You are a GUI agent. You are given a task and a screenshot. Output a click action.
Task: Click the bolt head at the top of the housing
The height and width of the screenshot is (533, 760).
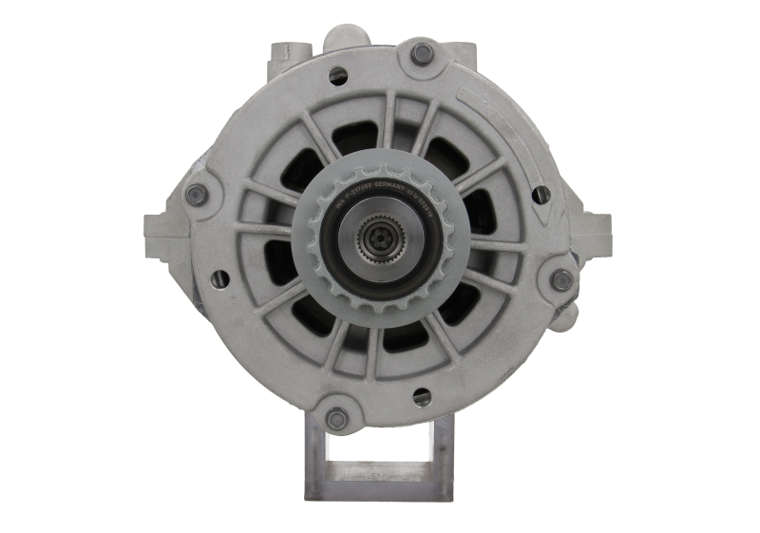422,53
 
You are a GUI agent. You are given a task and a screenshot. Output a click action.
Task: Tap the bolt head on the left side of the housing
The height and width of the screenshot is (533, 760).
198,193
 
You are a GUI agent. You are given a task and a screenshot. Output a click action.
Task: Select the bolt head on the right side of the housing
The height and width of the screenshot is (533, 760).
561,278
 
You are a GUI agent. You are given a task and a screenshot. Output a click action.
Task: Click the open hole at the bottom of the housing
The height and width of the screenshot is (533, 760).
421,392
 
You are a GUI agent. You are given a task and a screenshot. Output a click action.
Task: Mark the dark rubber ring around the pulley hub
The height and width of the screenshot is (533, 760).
343,238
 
